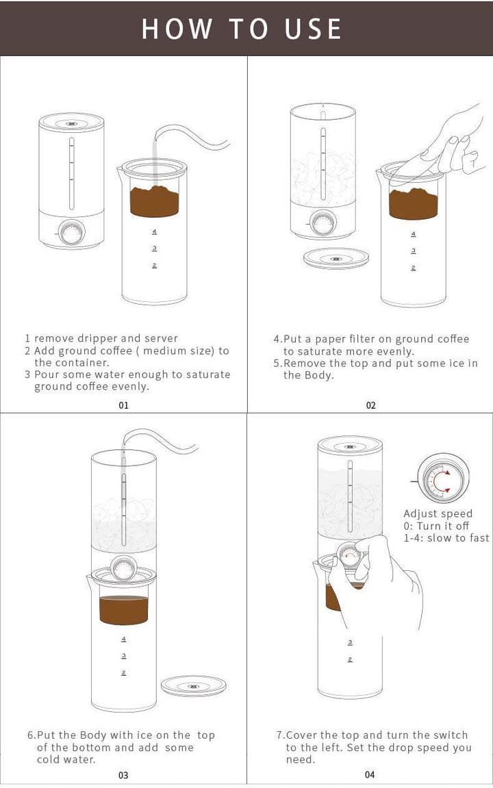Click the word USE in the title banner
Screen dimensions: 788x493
pos(313,29)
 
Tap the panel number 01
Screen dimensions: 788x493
pos(123,405)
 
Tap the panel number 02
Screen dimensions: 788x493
pos(370,405)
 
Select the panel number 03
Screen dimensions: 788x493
pos(123,775)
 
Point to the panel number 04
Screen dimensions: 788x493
pos(370,775)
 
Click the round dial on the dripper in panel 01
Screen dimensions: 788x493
pos(71,233)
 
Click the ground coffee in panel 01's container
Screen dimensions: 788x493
pos(154,201)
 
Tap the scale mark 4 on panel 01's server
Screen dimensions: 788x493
pos(154,232)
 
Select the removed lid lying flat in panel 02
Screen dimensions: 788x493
pos(336,258)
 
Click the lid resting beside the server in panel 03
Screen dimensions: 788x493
pos(194,685)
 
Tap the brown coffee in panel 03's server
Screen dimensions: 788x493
pos(124,609)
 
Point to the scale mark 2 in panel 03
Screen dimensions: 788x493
pos(124,673)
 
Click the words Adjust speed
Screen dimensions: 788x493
pos(438,513)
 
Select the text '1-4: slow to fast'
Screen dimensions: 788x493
pos(446,538)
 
